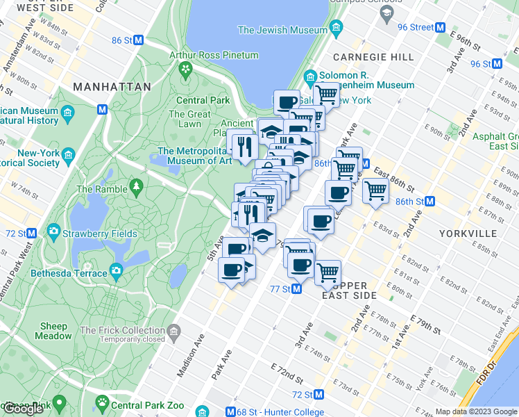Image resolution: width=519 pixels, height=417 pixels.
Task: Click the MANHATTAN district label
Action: [x=112, y=87]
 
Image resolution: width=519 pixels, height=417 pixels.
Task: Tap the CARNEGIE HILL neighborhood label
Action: [x=365, y=57]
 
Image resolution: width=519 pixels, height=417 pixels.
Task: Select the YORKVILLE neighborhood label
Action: [x=467, y=233]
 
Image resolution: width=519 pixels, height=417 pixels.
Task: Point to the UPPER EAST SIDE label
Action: [x=353, y=291]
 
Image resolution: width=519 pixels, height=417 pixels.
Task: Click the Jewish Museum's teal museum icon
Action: [x=337, y=30]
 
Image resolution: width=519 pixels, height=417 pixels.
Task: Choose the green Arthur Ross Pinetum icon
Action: [x=185, y=68]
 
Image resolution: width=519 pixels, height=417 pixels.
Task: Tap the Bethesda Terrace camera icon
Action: [x=116, y=270]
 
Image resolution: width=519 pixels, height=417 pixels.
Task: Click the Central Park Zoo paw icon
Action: [x=103, y=402]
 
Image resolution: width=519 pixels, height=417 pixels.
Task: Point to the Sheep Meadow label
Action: [x=53, y=331]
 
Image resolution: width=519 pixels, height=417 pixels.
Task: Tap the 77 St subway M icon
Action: [x=296, y=288]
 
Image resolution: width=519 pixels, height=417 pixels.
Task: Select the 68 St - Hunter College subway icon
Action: [x=232, y=413]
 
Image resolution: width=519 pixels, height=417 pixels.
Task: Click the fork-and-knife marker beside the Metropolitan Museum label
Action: [x=244, y=147]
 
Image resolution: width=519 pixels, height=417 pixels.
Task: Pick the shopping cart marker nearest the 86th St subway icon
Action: [x=375, y=190]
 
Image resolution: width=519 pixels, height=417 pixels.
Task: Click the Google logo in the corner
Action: [x=23, y=409]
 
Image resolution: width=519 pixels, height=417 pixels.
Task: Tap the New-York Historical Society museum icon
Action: [x=68, y=154]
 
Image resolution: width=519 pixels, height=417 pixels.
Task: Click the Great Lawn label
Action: [x=189, y=119]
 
